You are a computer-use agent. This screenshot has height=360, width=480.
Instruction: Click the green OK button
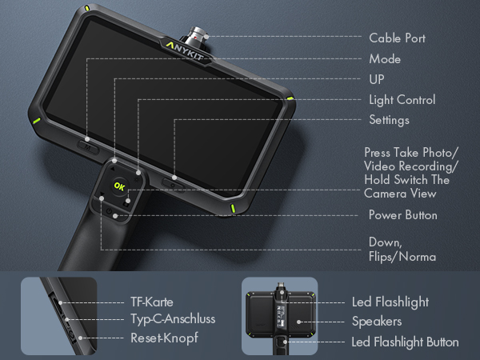point(119,186)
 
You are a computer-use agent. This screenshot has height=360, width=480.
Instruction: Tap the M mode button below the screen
point(88,147)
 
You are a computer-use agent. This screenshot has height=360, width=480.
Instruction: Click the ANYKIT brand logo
point(185,51)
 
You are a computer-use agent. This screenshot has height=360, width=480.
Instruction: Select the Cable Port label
point(397,38)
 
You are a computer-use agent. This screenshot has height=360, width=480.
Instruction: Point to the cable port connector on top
point(197,35)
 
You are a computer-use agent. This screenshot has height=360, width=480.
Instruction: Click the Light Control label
point(402,100)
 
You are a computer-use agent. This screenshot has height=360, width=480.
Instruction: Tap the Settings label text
point(389,120)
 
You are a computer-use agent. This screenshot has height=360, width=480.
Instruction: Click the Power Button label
point(403,215)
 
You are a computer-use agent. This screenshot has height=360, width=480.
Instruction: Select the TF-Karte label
point(152,302)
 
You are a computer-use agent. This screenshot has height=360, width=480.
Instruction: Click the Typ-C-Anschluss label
point(173,319)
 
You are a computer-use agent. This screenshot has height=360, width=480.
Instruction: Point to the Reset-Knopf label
point(164,338)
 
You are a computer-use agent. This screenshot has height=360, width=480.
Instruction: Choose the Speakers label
point(377,322)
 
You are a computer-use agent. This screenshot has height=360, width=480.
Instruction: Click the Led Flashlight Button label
point(405,342)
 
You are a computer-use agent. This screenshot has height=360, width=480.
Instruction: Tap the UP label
point(377,79)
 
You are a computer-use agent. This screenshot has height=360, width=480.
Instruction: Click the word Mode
point(385,59)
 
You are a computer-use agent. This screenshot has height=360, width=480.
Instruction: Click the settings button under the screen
point(173,184)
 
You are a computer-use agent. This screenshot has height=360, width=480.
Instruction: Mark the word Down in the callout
point(386,242)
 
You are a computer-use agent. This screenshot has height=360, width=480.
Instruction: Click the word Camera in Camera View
point(386,194)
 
